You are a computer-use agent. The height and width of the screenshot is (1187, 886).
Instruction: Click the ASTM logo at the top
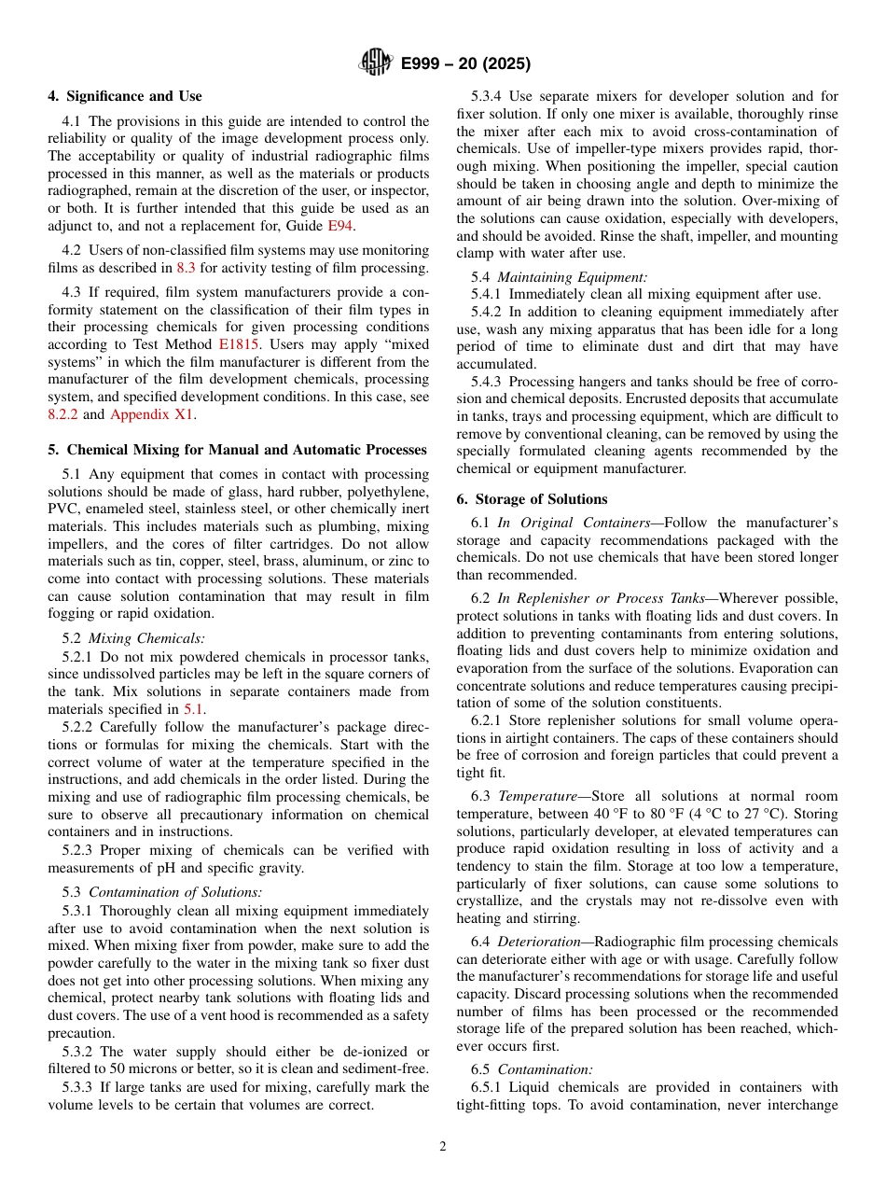[376, 63]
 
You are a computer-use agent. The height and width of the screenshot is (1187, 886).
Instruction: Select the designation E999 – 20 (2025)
[465, 64]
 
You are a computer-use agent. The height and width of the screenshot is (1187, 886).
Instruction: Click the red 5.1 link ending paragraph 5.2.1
[193, 708]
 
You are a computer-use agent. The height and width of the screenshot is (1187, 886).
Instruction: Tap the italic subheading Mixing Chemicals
[145, 638]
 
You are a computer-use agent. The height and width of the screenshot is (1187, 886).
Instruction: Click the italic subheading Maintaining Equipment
[573, 276]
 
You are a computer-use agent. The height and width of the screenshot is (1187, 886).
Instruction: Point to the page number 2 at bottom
[443, 1147]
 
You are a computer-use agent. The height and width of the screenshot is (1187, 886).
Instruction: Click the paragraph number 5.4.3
[489, 382]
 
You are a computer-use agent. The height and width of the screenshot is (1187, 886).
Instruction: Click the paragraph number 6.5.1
[489, 1087]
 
